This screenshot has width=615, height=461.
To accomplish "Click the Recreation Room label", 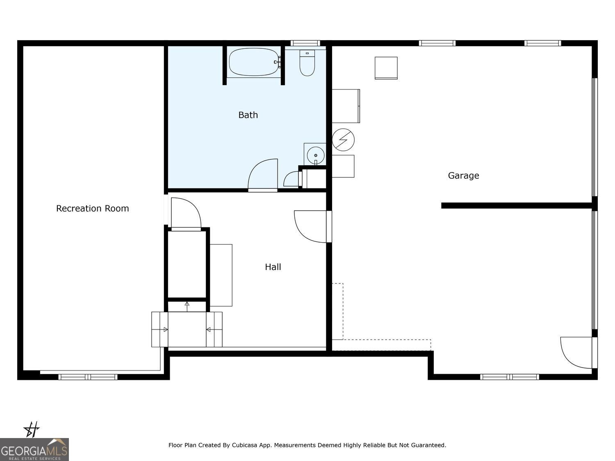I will pos(92,209).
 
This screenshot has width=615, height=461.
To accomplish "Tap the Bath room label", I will pos(248,115).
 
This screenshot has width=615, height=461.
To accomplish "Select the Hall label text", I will pos(273,267).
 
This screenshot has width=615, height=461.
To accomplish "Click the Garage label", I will pos(463,176).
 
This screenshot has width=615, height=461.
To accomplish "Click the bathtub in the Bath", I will pos(254,62).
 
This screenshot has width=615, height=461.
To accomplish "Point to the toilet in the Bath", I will pos(307,64).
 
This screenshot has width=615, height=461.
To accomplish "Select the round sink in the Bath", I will pos(315,155).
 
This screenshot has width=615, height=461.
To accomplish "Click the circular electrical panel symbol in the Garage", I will pos(343,140).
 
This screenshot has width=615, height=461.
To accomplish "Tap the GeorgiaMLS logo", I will pos(34,450).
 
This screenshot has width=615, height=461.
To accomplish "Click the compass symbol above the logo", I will pos(32,430).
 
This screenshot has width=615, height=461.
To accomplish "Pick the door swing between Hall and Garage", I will pos(312,226).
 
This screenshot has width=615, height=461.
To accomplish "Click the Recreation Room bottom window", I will pos(88,377).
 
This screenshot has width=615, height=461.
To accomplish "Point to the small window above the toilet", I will pos(305,43).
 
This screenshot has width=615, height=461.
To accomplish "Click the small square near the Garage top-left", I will pos(386,68).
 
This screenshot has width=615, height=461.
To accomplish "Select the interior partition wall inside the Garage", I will pos(517,206).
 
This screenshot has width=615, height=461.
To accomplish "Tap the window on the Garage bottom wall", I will pos(509,377).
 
